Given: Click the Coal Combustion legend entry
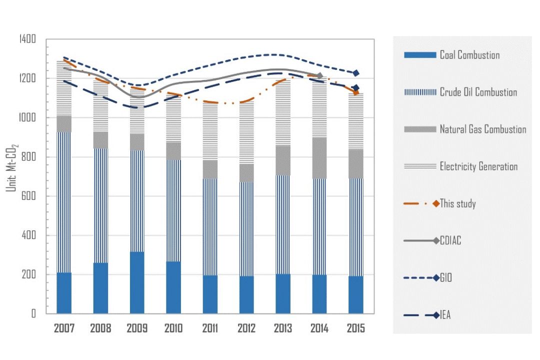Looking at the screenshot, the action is pos(452,55).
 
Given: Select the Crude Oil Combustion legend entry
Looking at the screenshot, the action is pos(460,92).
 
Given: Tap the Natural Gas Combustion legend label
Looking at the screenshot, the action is pos(483,129).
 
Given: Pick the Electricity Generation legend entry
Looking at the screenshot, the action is pos(461,166).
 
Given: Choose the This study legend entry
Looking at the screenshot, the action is pos(440,203).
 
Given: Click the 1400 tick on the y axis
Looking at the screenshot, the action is pos(27,39).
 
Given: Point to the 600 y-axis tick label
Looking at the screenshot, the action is pos(28,196).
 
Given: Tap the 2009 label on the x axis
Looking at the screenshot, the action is pos(137,328).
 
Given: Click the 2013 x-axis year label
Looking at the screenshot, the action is pos(282,328).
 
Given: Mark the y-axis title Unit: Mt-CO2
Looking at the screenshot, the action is pos(11,168).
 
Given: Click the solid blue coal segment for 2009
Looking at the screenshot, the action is pos(137,282).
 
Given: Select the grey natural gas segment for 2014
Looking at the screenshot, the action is pos(319,158).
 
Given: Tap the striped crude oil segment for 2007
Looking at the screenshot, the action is pos(64,202).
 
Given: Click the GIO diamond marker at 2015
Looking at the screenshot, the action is pos(356,73).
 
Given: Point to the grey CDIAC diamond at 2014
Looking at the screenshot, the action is pos(319,75).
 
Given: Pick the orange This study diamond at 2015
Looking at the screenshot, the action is pos(356,92).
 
